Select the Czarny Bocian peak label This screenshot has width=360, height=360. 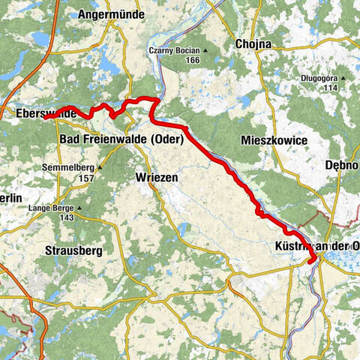tap(172, 50)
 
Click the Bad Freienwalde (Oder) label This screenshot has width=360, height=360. tap(121, 139)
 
